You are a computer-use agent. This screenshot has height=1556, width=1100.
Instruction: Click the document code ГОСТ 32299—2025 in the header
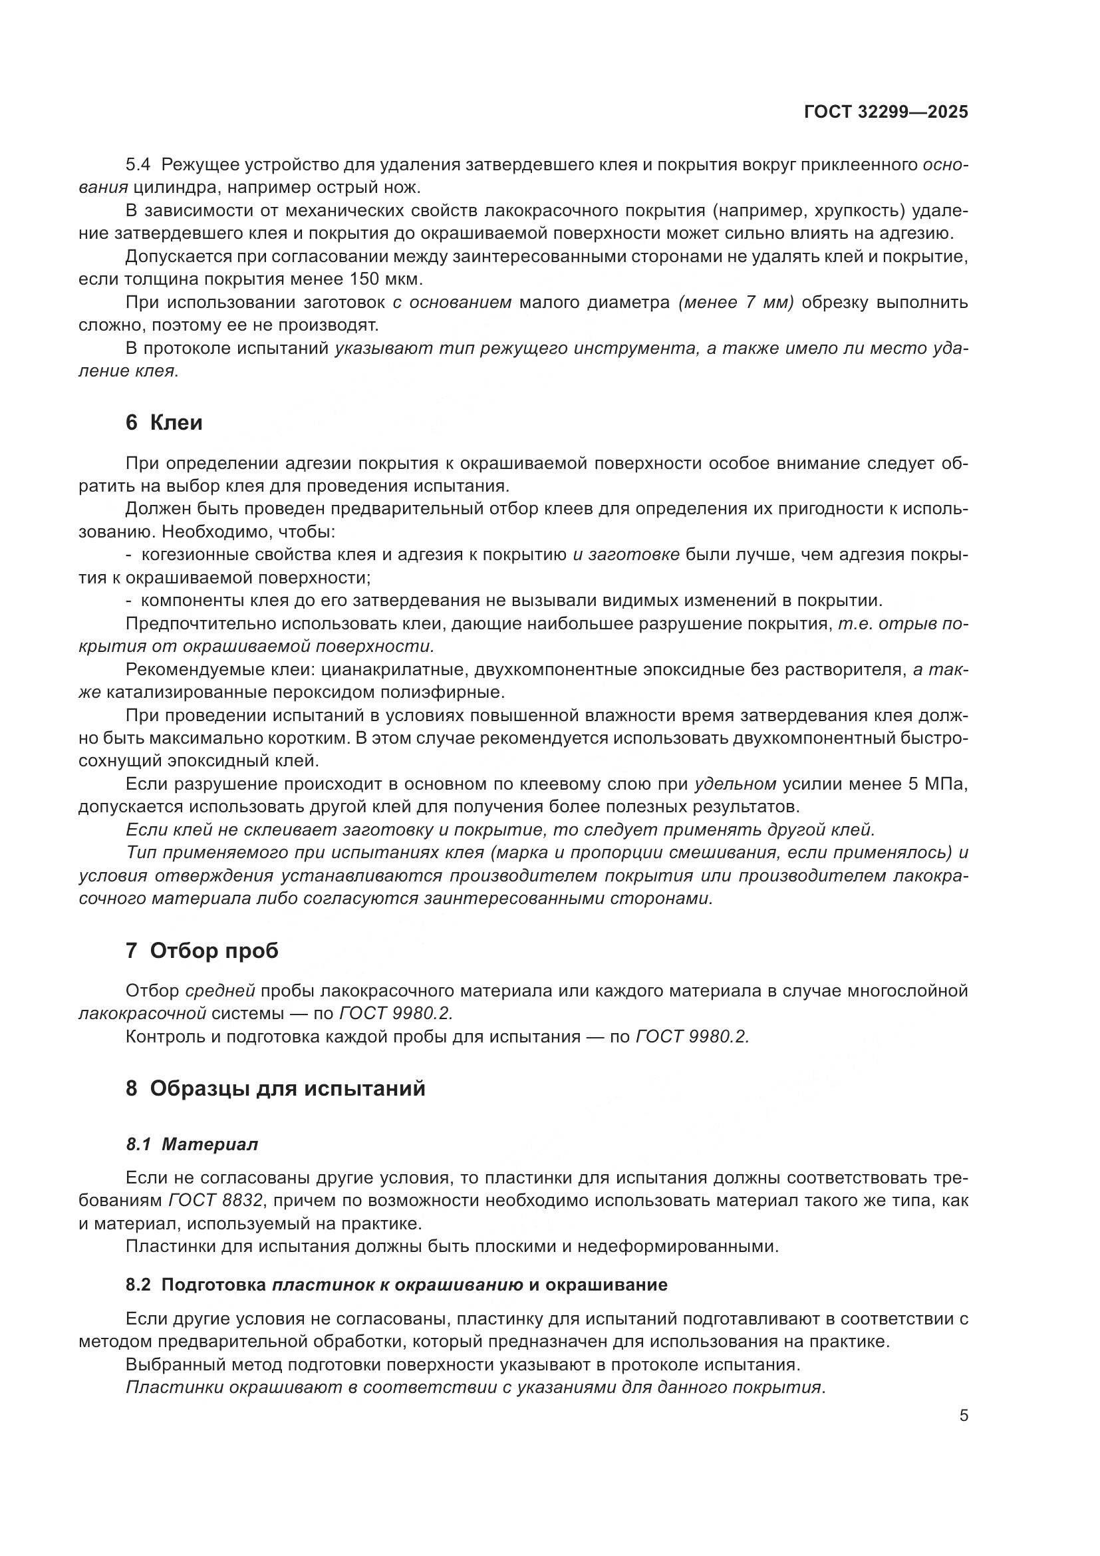pyautogui.click(x=886, y=112)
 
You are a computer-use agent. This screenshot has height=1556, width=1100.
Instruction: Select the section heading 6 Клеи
pyautogui.click(x=164, y=423)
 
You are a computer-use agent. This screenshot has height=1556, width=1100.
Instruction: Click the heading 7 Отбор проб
pyautogui.click(x=202, y=951)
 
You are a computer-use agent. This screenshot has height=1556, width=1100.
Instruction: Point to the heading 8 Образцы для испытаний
pyautogui.click(x=276, y=1089)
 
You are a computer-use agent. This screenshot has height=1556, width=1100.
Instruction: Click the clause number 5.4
pyautogui.click(x=139, y=165)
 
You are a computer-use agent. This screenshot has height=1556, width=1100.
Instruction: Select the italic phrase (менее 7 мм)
pyautogui.click(x=736, y=302)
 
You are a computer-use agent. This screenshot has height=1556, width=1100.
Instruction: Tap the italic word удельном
pyautogui.click(x=735, y=784)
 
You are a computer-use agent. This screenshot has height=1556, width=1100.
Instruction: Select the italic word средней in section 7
pyautogui.click(x=220, y=991)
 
